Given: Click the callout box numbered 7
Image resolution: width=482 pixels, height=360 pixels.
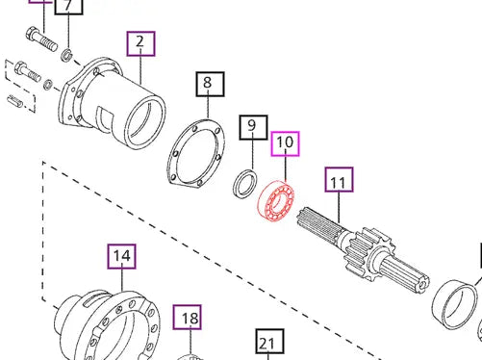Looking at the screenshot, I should point(68,8).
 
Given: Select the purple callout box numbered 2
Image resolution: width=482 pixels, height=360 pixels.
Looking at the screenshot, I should point(140,43).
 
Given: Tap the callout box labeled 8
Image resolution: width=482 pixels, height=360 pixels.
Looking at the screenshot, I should point(208,84).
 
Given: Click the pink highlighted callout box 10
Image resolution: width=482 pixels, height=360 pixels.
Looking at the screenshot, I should point(286,143).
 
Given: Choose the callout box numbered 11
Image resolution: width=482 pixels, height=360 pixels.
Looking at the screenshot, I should point(339,180).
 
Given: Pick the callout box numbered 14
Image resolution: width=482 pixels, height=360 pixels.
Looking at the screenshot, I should point(121,256).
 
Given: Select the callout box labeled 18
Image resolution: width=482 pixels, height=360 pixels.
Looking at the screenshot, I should point(189,319).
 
